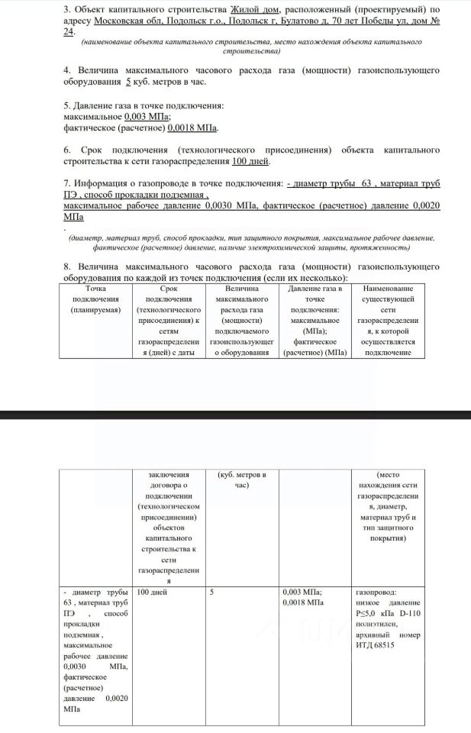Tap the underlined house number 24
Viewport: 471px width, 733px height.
69,33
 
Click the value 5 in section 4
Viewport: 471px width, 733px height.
127,82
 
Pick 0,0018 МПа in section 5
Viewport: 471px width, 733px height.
193,128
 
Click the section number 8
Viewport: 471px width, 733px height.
67,266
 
